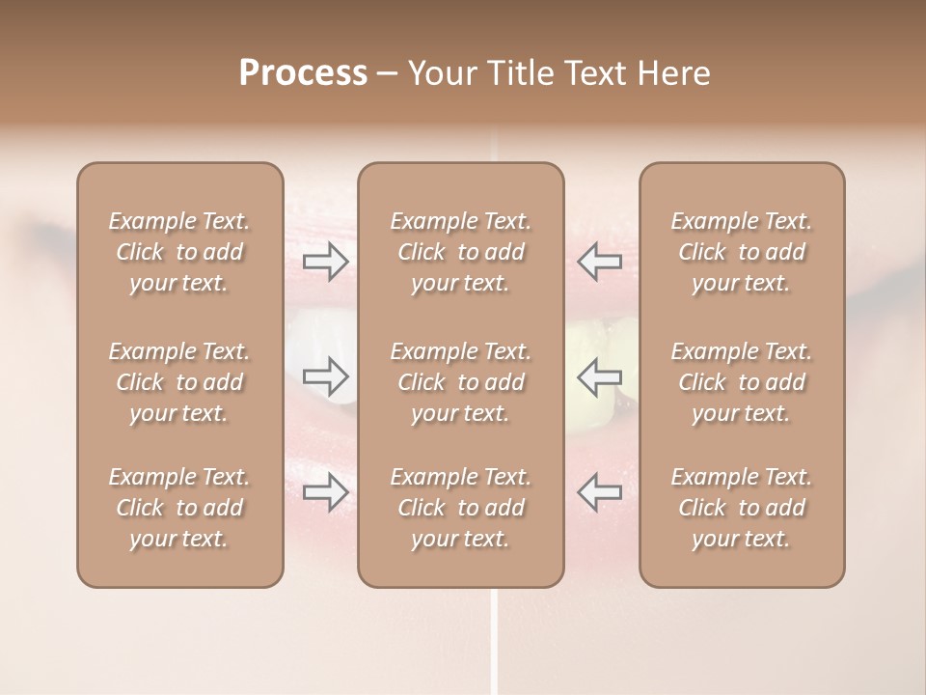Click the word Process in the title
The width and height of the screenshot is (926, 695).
[x=303, y=73]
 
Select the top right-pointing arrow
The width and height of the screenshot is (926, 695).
[x=326, y=261]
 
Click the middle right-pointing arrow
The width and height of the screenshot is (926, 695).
[x=326, y=377]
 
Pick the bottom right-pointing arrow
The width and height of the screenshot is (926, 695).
[x=326, y=492]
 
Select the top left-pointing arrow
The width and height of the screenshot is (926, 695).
[x=599, y=261]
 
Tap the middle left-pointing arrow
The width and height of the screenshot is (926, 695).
[x=599, y=377]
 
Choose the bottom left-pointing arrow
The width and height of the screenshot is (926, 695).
[x=599, y=492]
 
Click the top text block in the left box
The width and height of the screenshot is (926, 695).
[x=179, y=252]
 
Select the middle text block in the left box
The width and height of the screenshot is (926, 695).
[x=179, y=382]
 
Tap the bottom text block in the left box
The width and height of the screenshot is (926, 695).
[x=179, y=508]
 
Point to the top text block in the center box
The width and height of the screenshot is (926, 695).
[x=461, y=252]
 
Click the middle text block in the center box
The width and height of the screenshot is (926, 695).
[x=461, y=382]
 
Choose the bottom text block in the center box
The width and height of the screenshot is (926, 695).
[x=461, y=508]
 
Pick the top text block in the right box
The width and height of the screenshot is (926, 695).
[x=742, y=252]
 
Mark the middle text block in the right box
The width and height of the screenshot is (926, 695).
[x=742, y=382]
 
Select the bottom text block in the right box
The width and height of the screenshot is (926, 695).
[x=742, y=508]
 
